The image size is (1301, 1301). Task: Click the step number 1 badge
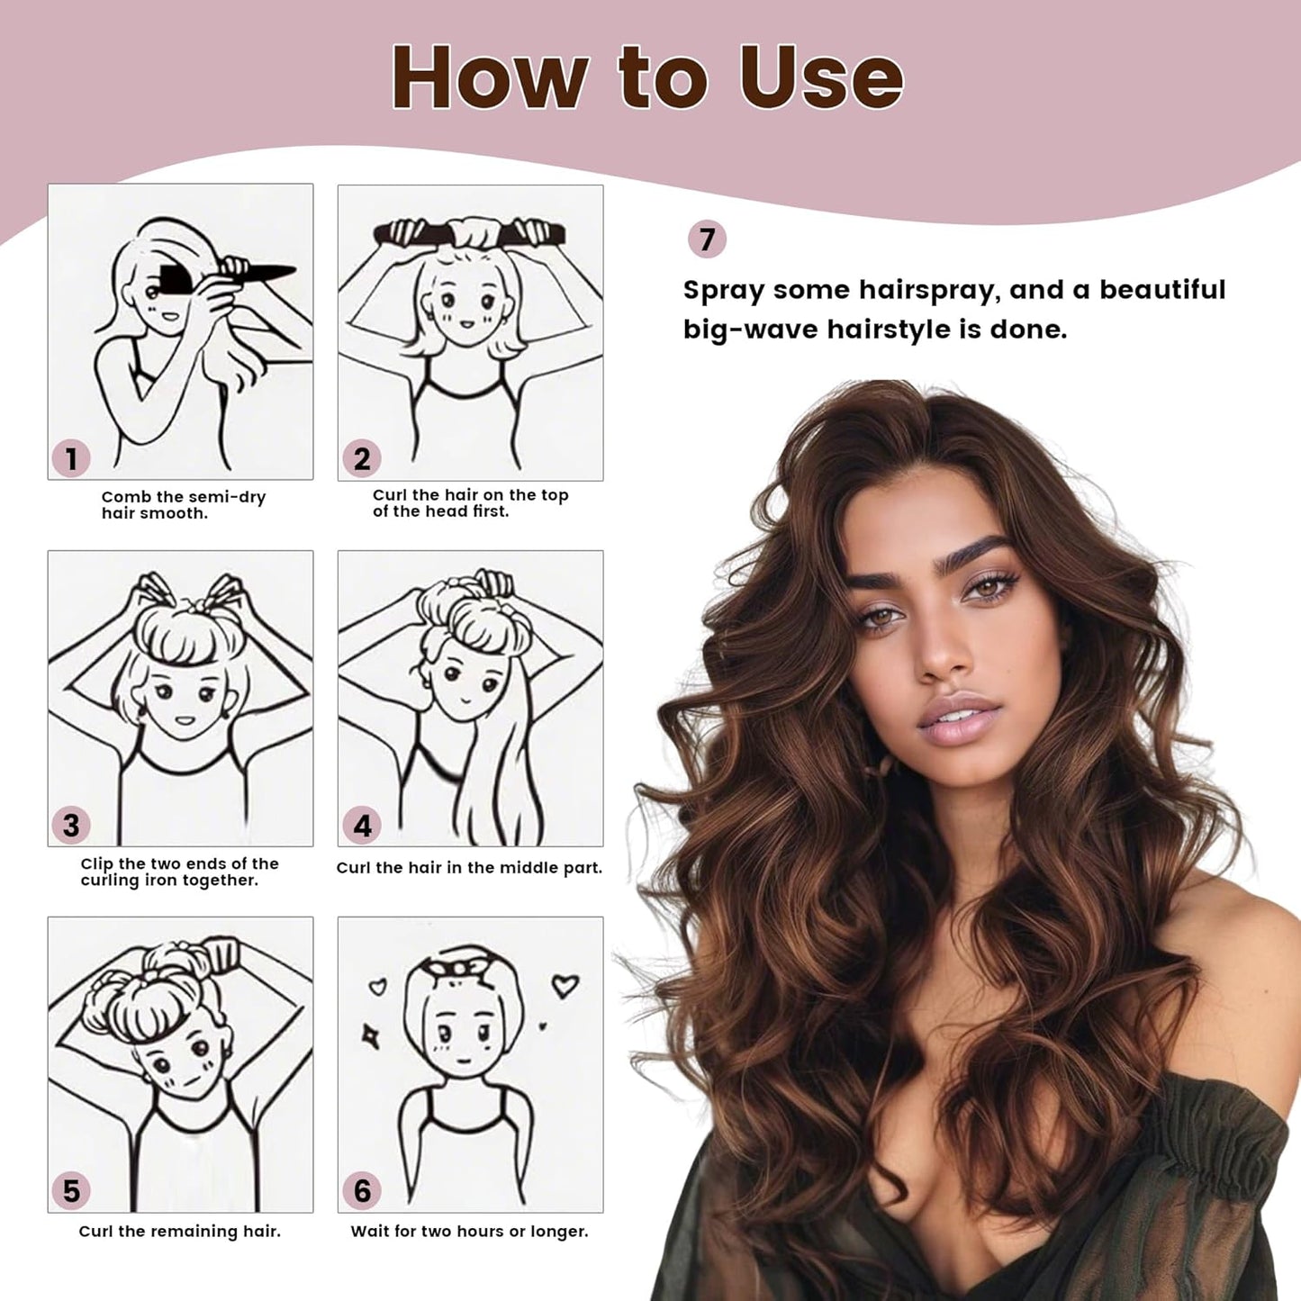[x=71, y=459]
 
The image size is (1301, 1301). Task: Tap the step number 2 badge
[x=362, y=459]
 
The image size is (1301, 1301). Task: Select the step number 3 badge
[x=71, y=826]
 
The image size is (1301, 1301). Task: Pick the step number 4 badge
[x=362, y=826]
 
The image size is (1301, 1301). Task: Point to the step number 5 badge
[x=71, y=1191]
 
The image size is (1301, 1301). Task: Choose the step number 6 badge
[x=362, y=1191]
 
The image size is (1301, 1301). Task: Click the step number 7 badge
[x=707, y=239]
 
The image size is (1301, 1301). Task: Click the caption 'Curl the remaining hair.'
[x=180, y=1231]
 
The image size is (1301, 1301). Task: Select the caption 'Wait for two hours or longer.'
[x=469, y=1231]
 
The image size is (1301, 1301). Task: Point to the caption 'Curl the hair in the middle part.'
[x=469, y=868]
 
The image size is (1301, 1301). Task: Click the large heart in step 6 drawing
[x=565, y=986]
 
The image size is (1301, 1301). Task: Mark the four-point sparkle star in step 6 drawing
[x=370, y=1036]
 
